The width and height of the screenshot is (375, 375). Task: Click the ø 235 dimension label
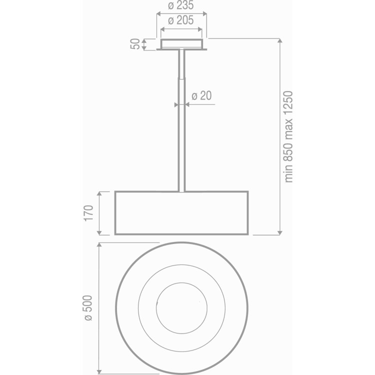(x=180, y=5)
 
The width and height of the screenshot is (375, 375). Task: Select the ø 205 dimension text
(x=180, y=20)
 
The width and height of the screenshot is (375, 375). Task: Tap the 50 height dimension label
(x=135, y=44)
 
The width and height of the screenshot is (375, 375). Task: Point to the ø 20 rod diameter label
(x=201, y=95)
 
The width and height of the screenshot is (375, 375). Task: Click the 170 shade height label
(x=88, y=213)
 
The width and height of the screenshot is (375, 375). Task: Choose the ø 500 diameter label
(x=88, y=308)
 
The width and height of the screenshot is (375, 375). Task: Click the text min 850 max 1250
(x=288, y=136)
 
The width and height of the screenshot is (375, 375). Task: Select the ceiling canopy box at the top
(x=181, y=44)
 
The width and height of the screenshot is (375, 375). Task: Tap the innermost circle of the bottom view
(x=181, y=283)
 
